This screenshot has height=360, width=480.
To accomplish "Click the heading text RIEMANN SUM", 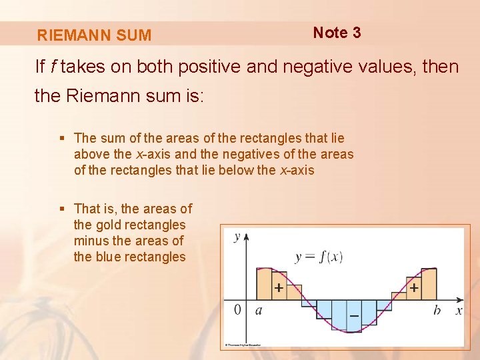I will pyautogui.click(x=94, y=35).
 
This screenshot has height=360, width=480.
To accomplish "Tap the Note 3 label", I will pyautogui.click(x=337, y=33).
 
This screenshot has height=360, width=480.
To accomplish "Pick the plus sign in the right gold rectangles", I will pyautogui.click(x=415, y=288).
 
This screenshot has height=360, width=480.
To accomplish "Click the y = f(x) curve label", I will pyautogui.click(x=318, y=257).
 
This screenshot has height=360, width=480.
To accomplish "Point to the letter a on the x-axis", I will pyautogui.click(x=258, y=311).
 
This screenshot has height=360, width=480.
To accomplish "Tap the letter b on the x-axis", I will pyautogui.click(x=437, y=311).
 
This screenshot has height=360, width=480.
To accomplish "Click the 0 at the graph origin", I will pyautogui.click(x=238, y=310).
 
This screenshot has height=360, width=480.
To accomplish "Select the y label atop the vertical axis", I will pyautogui.click(x=237, y=237).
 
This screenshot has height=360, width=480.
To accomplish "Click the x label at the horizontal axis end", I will pyautogui.click(x=459, y=311).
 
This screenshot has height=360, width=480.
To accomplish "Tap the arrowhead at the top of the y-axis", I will pyautogui.click(x=247, y=236).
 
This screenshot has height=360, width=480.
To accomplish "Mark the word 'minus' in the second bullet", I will pyautogui.click(x=91, y=241).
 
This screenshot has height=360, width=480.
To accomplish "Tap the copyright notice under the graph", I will pyautogui.click(x=242, y=345).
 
